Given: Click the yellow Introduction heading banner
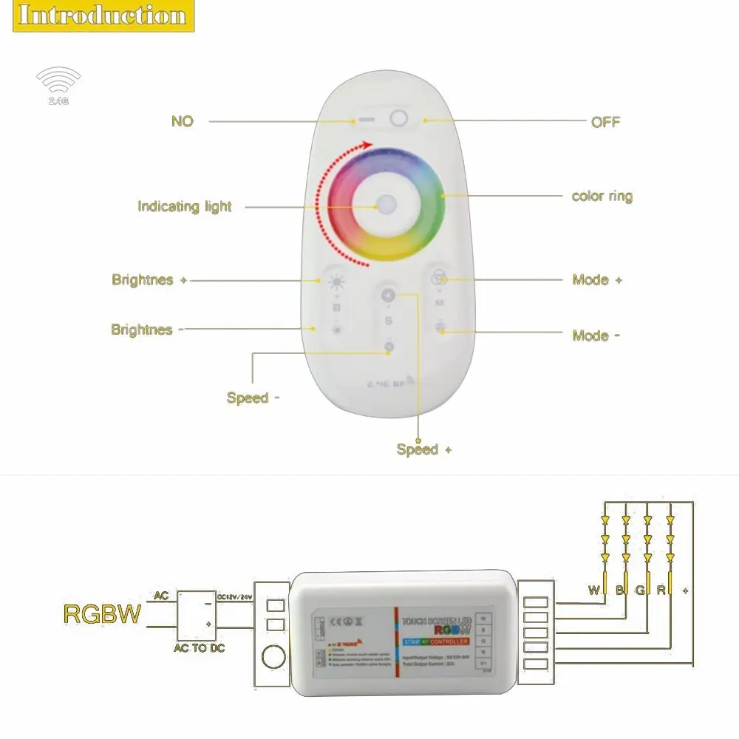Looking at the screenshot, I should point(102,16).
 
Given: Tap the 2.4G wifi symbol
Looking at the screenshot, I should point(58,84).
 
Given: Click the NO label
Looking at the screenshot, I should point(182,121).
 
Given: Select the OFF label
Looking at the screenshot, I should point(605,122).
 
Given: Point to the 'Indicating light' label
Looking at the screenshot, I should point(185,207).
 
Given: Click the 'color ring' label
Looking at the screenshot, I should point(602,197).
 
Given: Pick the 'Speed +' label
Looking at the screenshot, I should point(423,449).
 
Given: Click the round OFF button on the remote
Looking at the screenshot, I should point(399,118).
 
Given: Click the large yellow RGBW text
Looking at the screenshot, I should point(101,614).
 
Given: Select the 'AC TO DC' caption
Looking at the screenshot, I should point(200,649).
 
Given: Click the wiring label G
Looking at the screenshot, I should point(639,590).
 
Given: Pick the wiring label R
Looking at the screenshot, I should point(661,590).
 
